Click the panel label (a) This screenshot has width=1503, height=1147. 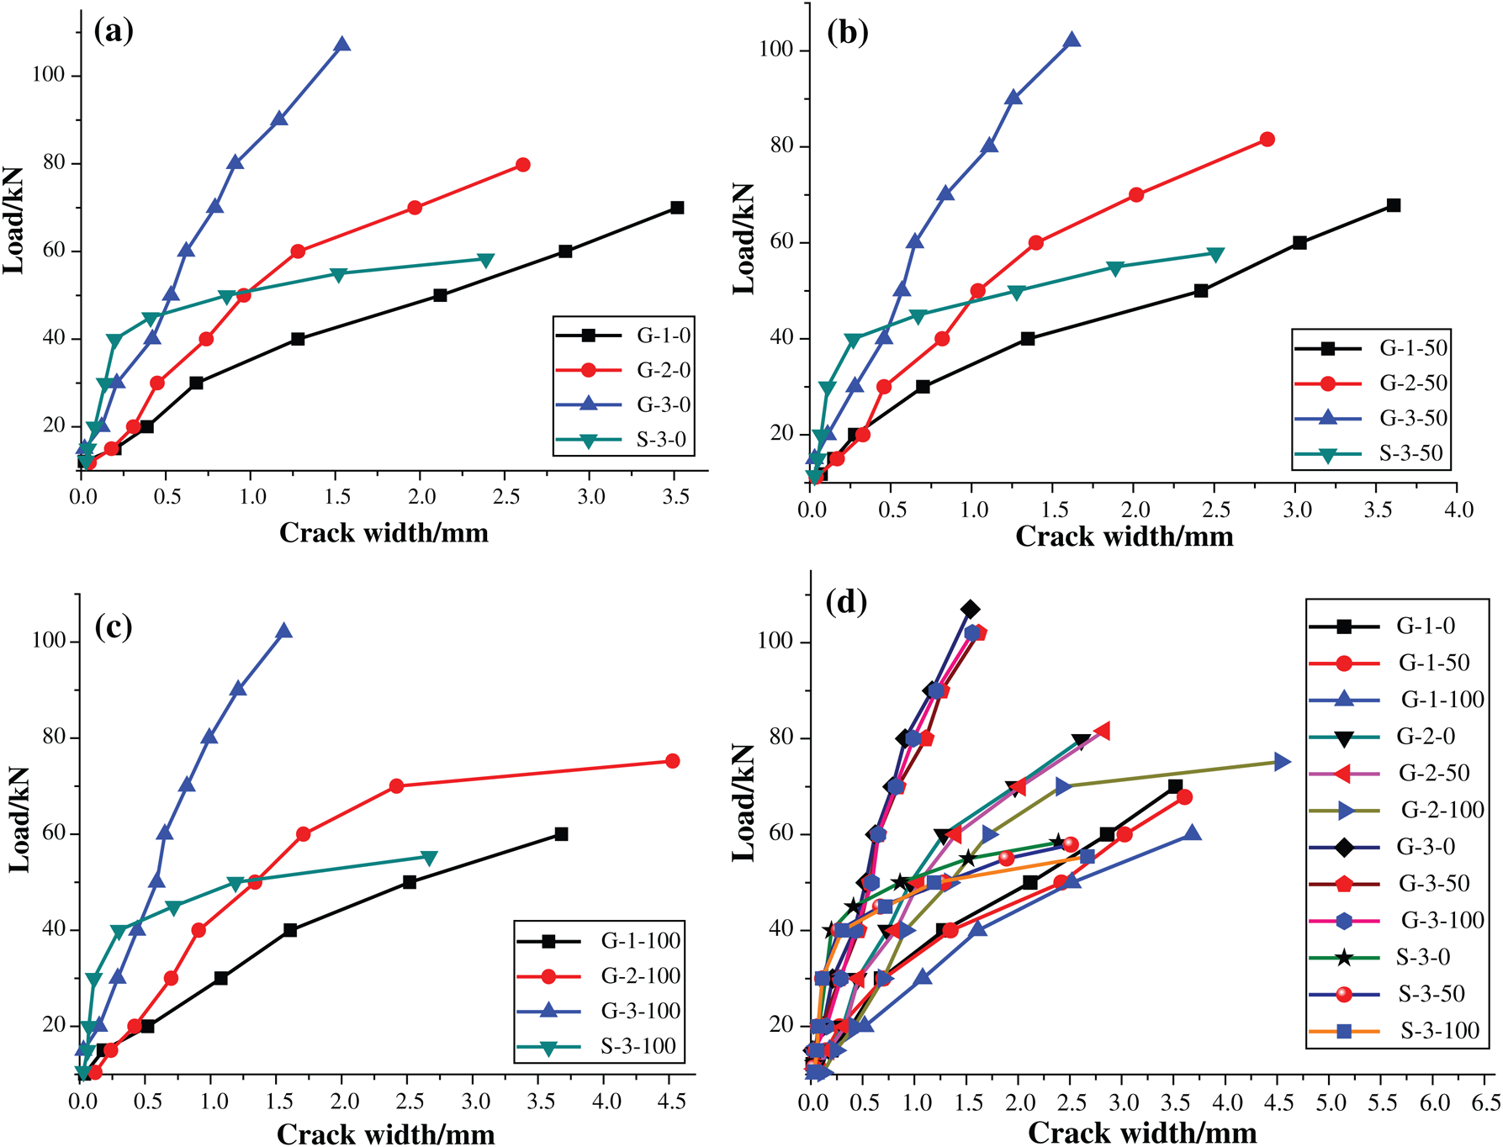point(114,31)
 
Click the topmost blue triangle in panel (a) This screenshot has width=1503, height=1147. point(341,44)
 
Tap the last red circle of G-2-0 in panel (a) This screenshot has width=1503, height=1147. point(522,165)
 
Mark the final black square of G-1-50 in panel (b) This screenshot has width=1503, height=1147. point(1393,205)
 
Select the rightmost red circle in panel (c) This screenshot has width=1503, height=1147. point(672,761)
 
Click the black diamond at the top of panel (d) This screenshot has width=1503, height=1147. point(970,609)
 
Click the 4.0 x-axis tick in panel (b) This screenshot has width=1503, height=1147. point(1458,510)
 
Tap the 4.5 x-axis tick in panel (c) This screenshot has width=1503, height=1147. point(671,1102)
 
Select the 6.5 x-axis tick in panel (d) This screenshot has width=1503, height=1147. point(1486,1102)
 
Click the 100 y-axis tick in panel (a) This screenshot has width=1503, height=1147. point(48,75)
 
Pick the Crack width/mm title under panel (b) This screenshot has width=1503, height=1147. point(1124,536)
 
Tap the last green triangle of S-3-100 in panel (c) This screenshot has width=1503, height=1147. point(429,858)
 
